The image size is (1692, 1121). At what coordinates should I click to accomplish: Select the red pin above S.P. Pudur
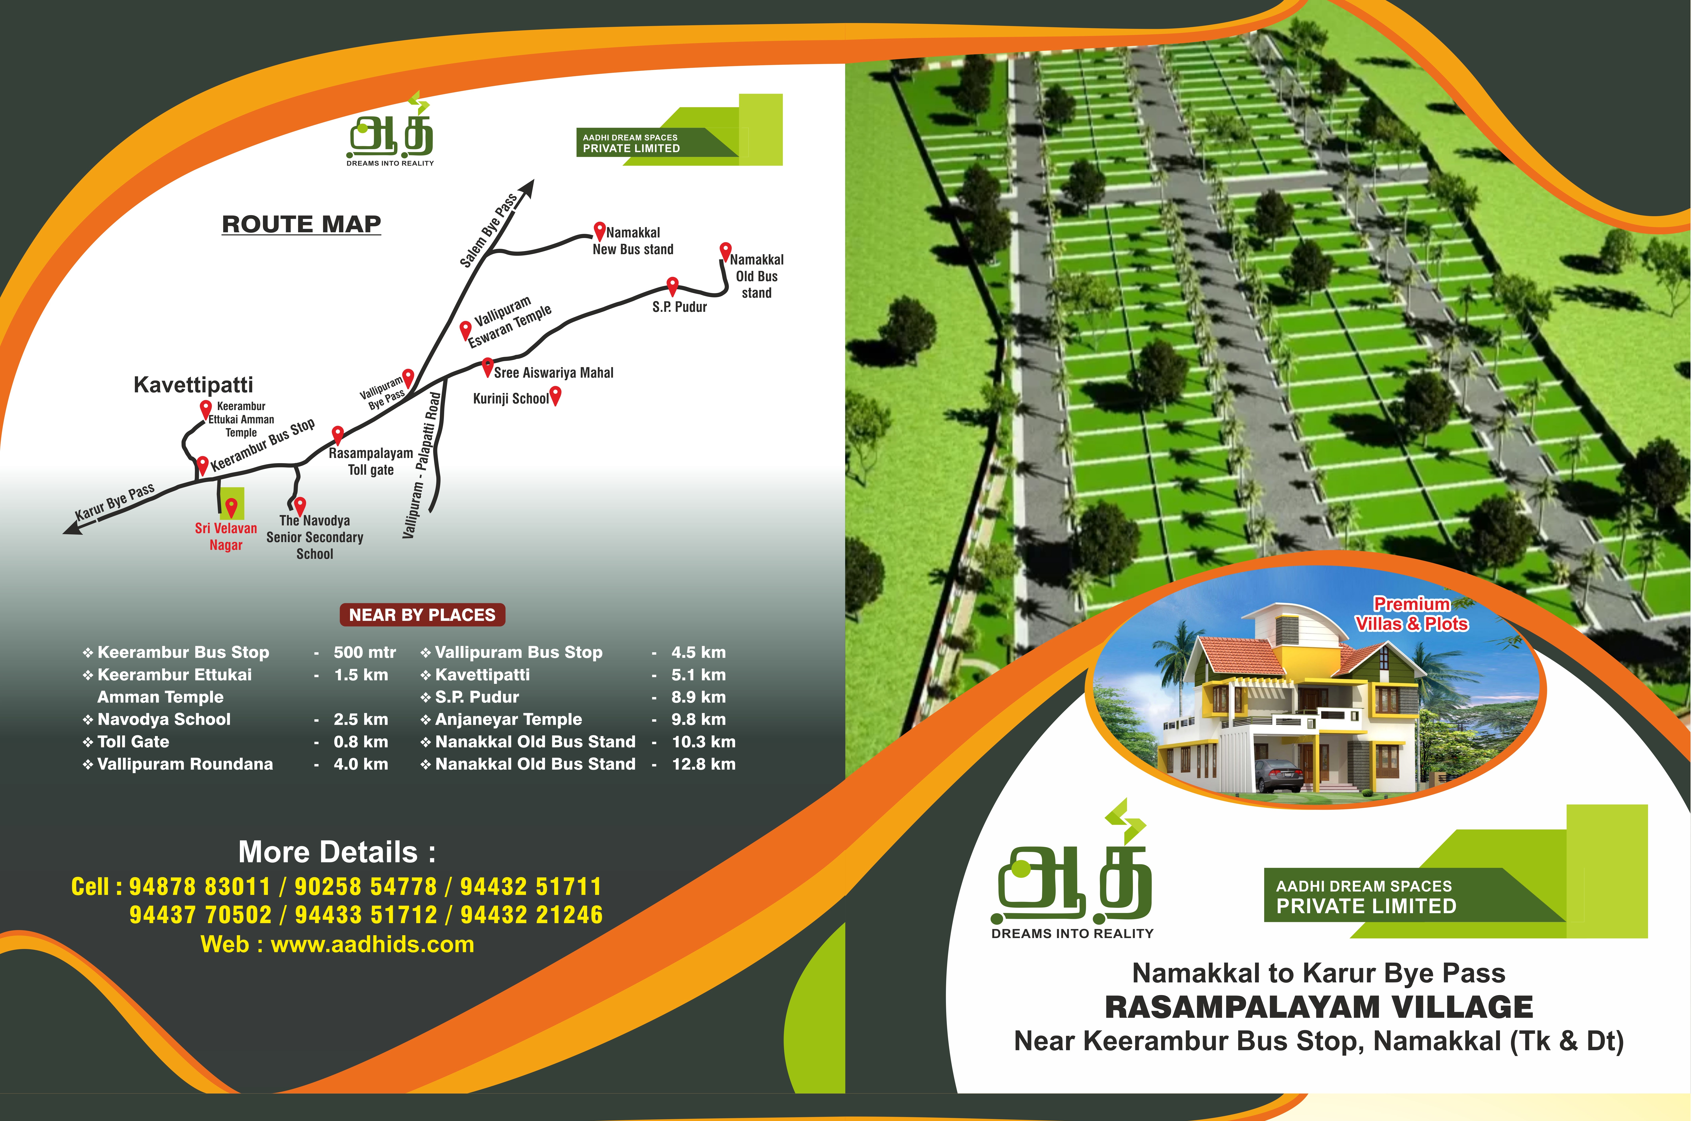point(672,285)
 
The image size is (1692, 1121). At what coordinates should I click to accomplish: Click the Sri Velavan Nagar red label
point(226,536)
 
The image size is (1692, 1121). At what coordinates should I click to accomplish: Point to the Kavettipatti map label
point(193,385)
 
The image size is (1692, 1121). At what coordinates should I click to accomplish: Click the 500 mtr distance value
point(365,652)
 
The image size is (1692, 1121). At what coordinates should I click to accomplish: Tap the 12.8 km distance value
point(703,763)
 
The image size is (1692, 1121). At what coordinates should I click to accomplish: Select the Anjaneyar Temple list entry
point(508,719)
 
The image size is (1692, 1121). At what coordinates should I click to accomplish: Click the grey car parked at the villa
point(1277,775)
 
